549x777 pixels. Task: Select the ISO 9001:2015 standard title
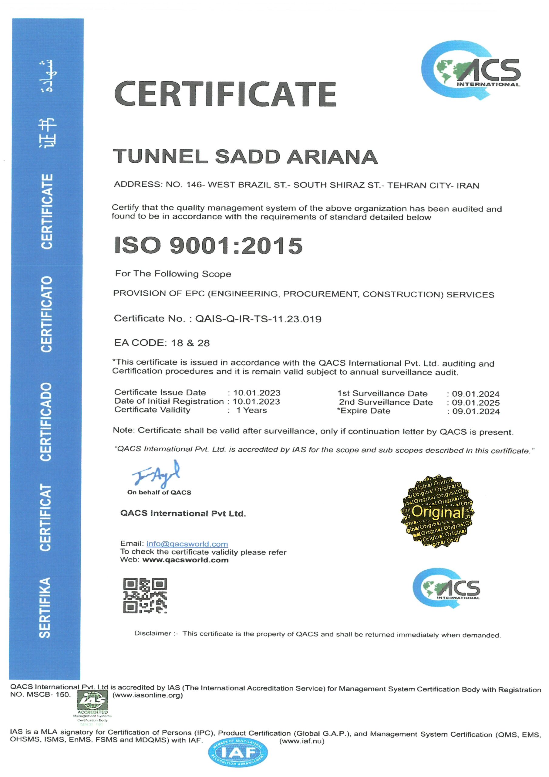pos(208,245)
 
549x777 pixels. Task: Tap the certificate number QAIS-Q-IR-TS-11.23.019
pos(258,319)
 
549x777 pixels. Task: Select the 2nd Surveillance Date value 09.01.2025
pos(476,403)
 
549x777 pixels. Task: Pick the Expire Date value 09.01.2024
pos(476,412)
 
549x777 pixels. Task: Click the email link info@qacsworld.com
pos(187,544)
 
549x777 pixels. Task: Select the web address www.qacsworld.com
pos(185,560)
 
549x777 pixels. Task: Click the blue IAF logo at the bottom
pos(238,753)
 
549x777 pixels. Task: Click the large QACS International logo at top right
pos(471,70)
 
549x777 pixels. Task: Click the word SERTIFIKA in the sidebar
pos(45,608)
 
